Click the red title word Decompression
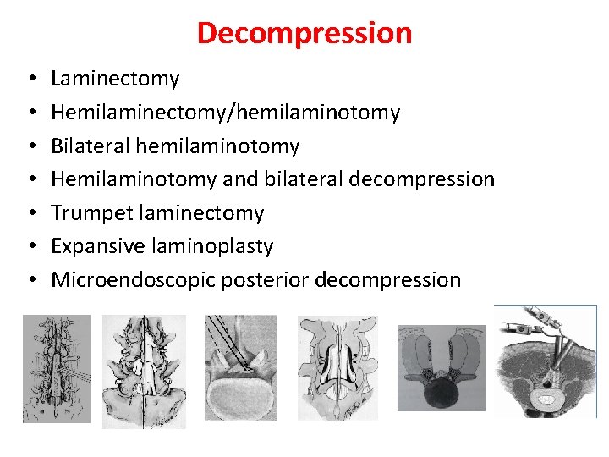coord(304,33)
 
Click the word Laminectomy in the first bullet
coord(115,79)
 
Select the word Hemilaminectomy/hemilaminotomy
coord(225,112)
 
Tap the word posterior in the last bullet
coord(265,279)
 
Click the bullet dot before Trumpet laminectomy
coord(30,213)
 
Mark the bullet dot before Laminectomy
coord(30,80)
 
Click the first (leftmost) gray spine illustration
coord(55,368)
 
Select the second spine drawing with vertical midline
coord(144,370)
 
